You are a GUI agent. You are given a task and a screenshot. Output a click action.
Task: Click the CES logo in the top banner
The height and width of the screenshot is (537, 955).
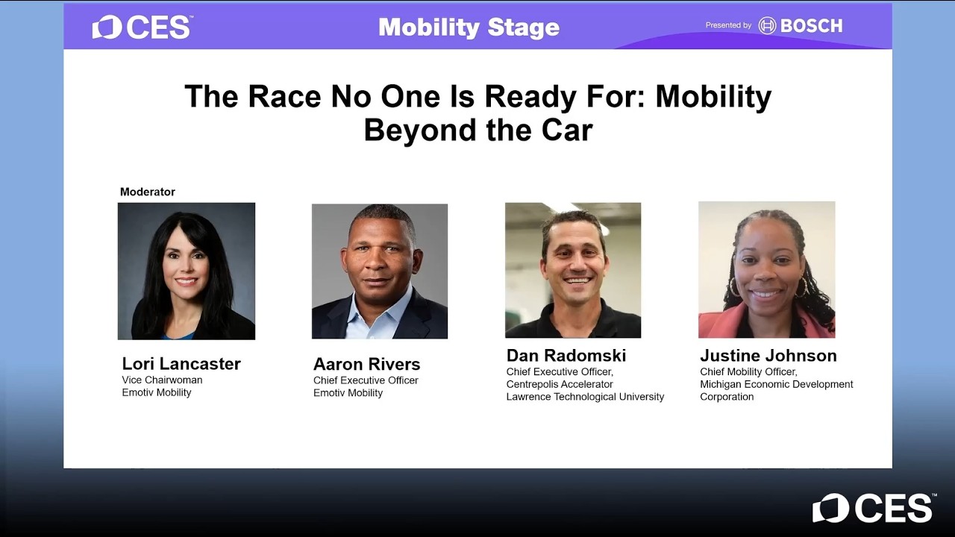tap(142, 28)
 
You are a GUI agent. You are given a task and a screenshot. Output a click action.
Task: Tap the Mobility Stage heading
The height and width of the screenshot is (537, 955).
tap(469, 28)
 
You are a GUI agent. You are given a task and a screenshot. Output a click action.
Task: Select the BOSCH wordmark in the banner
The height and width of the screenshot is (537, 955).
tap(810, 26)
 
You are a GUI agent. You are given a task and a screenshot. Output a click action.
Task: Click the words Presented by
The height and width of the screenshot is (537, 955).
tap(728, 25)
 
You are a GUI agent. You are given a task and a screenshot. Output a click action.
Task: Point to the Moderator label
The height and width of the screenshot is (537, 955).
tap(148, 192)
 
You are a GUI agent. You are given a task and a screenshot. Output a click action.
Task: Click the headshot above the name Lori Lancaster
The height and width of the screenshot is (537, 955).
tap(187, 271)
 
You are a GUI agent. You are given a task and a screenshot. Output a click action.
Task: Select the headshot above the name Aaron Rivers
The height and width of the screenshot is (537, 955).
tap(380, 271)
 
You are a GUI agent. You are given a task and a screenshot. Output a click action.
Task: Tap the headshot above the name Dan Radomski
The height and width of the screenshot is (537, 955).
tap(573, 270)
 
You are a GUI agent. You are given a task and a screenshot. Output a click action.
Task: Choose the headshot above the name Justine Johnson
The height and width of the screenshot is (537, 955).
tap(766, 269)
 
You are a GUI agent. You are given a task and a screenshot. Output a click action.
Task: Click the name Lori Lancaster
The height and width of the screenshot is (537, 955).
tap(181, 364)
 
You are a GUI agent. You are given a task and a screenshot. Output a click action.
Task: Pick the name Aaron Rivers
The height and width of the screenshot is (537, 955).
tap(366, 365)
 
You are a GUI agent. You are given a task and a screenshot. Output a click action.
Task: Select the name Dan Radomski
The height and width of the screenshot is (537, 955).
tap(566, 355)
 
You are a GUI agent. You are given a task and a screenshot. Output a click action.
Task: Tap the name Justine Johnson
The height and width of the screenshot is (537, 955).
tap(768, 356)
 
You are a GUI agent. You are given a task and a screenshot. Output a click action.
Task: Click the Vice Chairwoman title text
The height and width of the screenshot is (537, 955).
tap(162, 380)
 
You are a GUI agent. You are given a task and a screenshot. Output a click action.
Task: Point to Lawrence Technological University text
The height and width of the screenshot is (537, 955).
tap(585, 397)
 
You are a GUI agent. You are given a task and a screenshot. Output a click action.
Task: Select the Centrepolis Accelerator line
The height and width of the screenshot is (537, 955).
tap(560, 384)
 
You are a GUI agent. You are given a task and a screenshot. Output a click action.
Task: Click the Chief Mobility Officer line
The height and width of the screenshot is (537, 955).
tap(748, 371)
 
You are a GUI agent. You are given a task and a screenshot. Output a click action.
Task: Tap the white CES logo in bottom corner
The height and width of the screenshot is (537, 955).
tap(873, 508)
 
